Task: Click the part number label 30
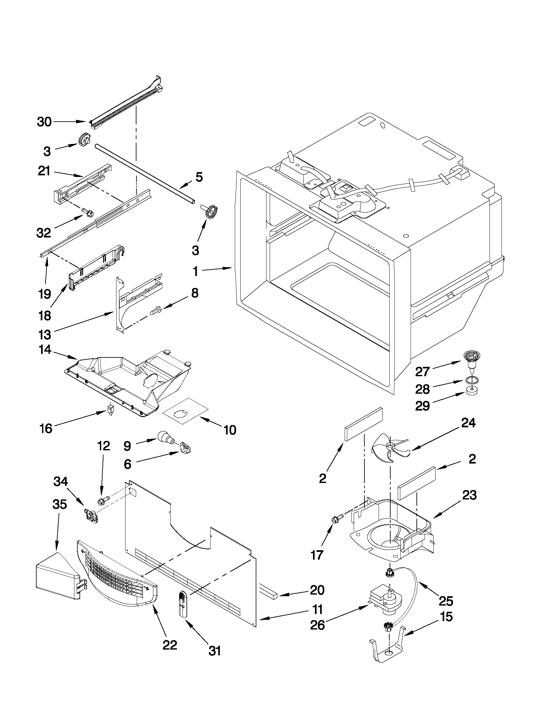coord(44,122)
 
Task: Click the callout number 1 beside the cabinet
coord(195,271)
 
